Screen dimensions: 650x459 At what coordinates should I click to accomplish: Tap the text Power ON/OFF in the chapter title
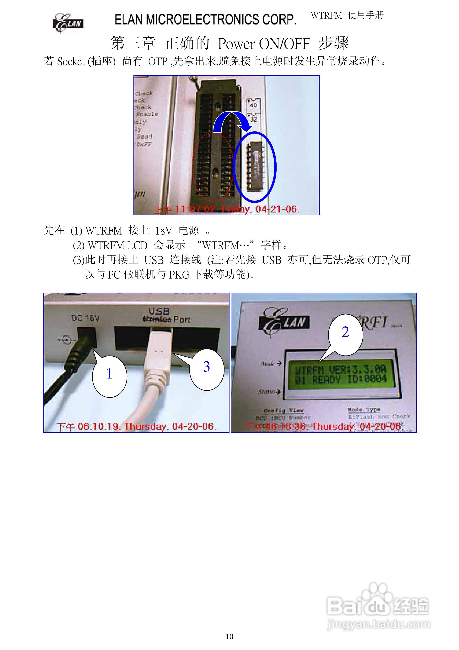(264, 44)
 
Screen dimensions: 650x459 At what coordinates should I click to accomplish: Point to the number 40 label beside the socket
(253, 105)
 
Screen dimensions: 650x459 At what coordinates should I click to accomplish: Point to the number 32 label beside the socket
(253, 119)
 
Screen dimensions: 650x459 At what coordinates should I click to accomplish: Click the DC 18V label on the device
(85, 318)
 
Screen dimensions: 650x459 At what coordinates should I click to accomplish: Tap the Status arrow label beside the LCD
(269, 392)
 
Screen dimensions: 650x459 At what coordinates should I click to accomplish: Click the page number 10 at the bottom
(229, 636)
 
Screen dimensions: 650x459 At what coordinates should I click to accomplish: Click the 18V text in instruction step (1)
(163, 231)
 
